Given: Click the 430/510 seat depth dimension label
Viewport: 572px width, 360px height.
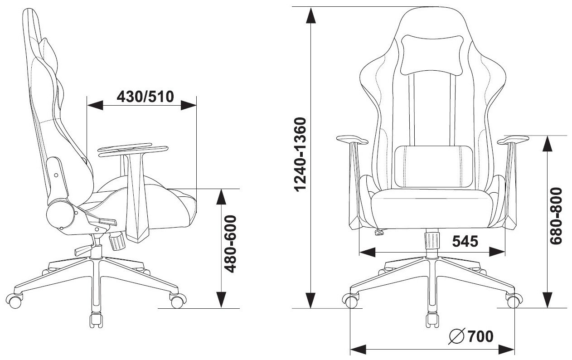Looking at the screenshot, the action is click(145, 97).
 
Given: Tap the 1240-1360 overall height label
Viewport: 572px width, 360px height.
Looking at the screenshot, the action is click(300, 155).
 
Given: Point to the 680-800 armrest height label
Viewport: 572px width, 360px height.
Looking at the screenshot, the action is click(556, 216).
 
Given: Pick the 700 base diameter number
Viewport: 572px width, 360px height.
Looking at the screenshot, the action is click(480, 336).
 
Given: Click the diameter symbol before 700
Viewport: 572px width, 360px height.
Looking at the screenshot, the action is click(457, 336).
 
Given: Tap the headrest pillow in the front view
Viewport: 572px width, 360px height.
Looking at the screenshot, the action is click(431, 55).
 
